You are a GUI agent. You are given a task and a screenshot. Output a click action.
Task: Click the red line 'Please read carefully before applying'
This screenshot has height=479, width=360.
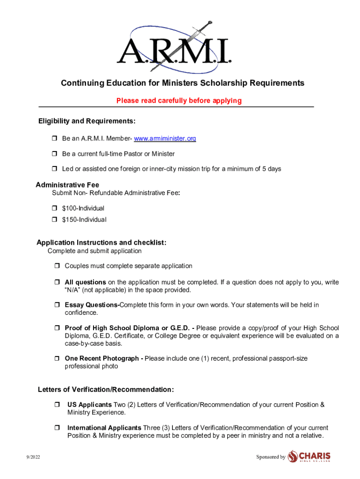click(x=179, y=101)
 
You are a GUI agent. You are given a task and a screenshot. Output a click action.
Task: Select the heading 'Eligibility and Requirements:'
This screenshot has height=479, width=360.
click(x=87, y=122)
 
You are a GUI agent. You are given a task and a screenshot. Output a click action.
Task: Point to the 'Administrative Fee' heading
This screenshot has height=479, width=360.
click(x=67, y=185)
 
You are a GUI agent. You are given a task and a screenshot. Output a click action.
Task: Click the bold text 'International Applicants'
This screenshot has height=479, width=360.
click(x=104, y=428)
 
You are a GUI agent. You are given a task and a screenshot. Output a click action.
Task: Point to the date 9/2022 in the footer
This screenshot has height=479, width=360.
click(x=33, y=457)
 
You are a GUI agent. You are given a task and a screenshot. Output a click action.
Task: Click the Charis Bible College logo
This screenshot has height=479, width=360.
click(x=309, y=456)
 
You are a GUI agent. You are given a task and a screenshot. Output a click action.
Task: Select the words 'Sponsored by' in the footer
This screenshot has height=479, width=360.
click(x=271, y=457)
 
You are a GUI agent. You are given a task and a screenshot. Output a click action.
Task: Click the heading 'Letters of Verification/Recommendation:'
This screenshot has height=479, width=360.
click(x=106, y=390)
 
